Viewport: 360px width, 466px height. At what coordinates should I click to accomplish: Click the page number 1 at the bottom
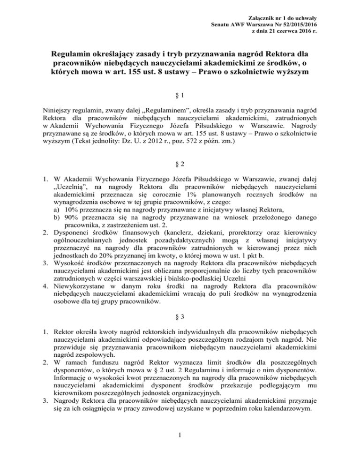coord(180,449)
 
